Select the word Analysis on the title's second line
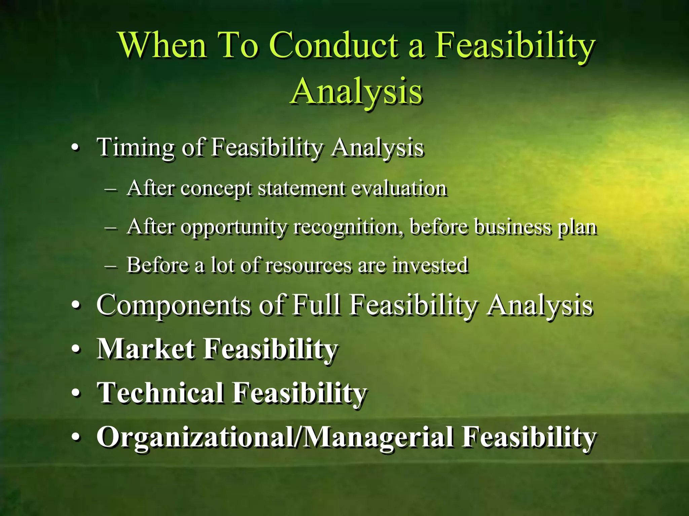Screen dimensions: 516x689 (x=356, y=91)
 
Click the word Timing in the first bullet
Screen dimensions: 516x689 (x=135, y=148)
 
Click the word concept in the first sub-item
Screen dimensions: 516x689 (x=215, y=188)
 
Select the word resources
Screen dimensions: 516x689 (x=307, y=265)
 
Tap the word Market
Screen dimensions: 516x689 (x=145, y=349)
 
